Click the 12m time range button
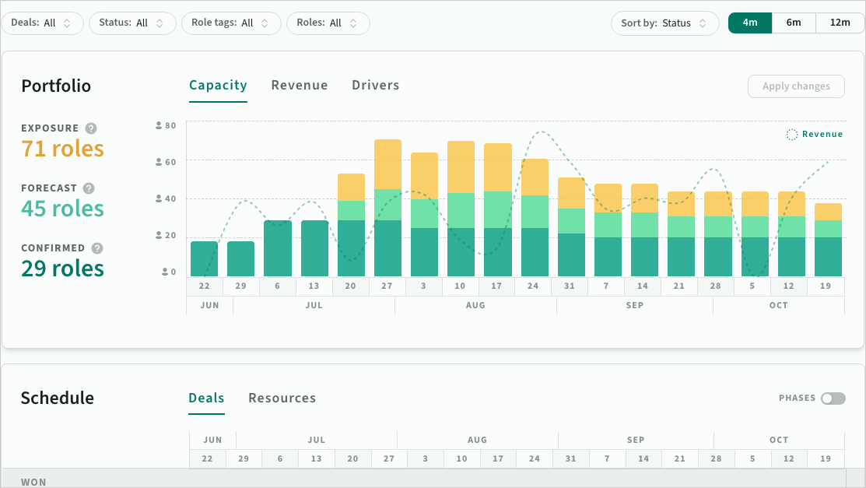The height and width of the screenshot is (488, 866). pyautogui.click(x=840, y=23)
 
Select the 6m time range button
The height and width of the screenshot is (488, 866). pyautogui.click(x=794, y=23)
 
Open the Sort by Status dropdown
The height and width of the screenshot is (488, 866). pyautogui.click(x=665, y=23)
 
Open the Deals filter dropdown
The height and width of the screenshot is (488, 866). pyautogui.click(x=42, y=23)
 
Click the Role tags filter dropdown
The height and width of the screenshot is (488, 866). pyautogui.click(x=231, y=23)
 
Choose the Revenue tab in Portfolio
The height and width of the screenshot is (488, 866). pyautogui.click(x=300, y=85)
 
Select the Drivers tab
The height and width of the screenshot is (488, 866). pyautogui.click(x=376, y=85)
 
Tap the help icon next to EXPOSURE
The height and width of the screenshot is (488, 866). pyautogui.click(x=91, y=128)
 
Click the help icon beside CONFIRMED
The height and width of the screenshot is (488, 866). pyautogui.click(x=97, y=248)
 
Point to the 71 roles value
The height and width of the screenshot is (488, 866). pyautogui.click(x=62, y=149)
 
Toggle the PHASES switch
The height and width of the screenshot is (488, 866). pyautogui.click(x=833, y=398)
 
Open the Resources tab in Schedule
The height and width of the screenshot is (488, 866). pyautogui.click(x=282, y=398)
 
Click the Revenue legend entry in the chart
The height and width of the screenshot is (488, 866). pyautogui.click(x=815, y=135)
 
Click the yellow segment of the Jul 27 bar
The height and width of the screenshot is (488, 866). pyautogui.click(x=387, y=164)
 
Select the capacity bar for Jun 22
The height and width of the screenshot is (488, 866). pyautogui.click(x=205, y=258)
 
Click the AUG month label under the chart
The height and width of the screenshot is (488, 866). pyautogui.click(x=475, y=305)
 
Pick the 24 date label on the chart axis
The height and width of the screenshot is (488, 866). pyautogui.click(x=533, y=286)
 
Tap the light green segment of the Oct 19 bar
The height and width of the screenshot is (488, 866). pyautogui.click(x=828, y=229)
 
